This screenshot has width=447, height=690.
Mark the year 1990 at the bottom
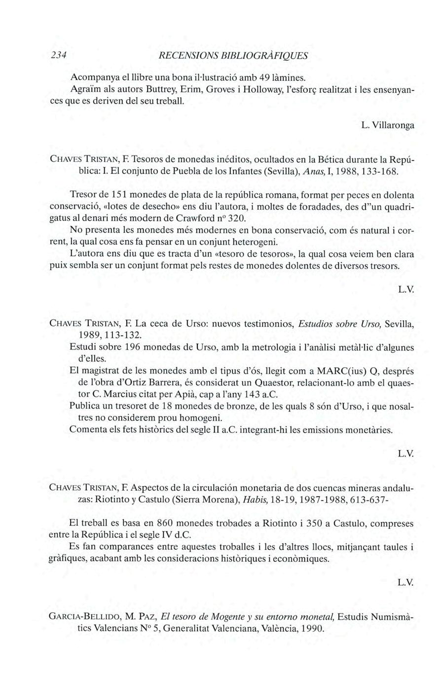click(x=308, y=629)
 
